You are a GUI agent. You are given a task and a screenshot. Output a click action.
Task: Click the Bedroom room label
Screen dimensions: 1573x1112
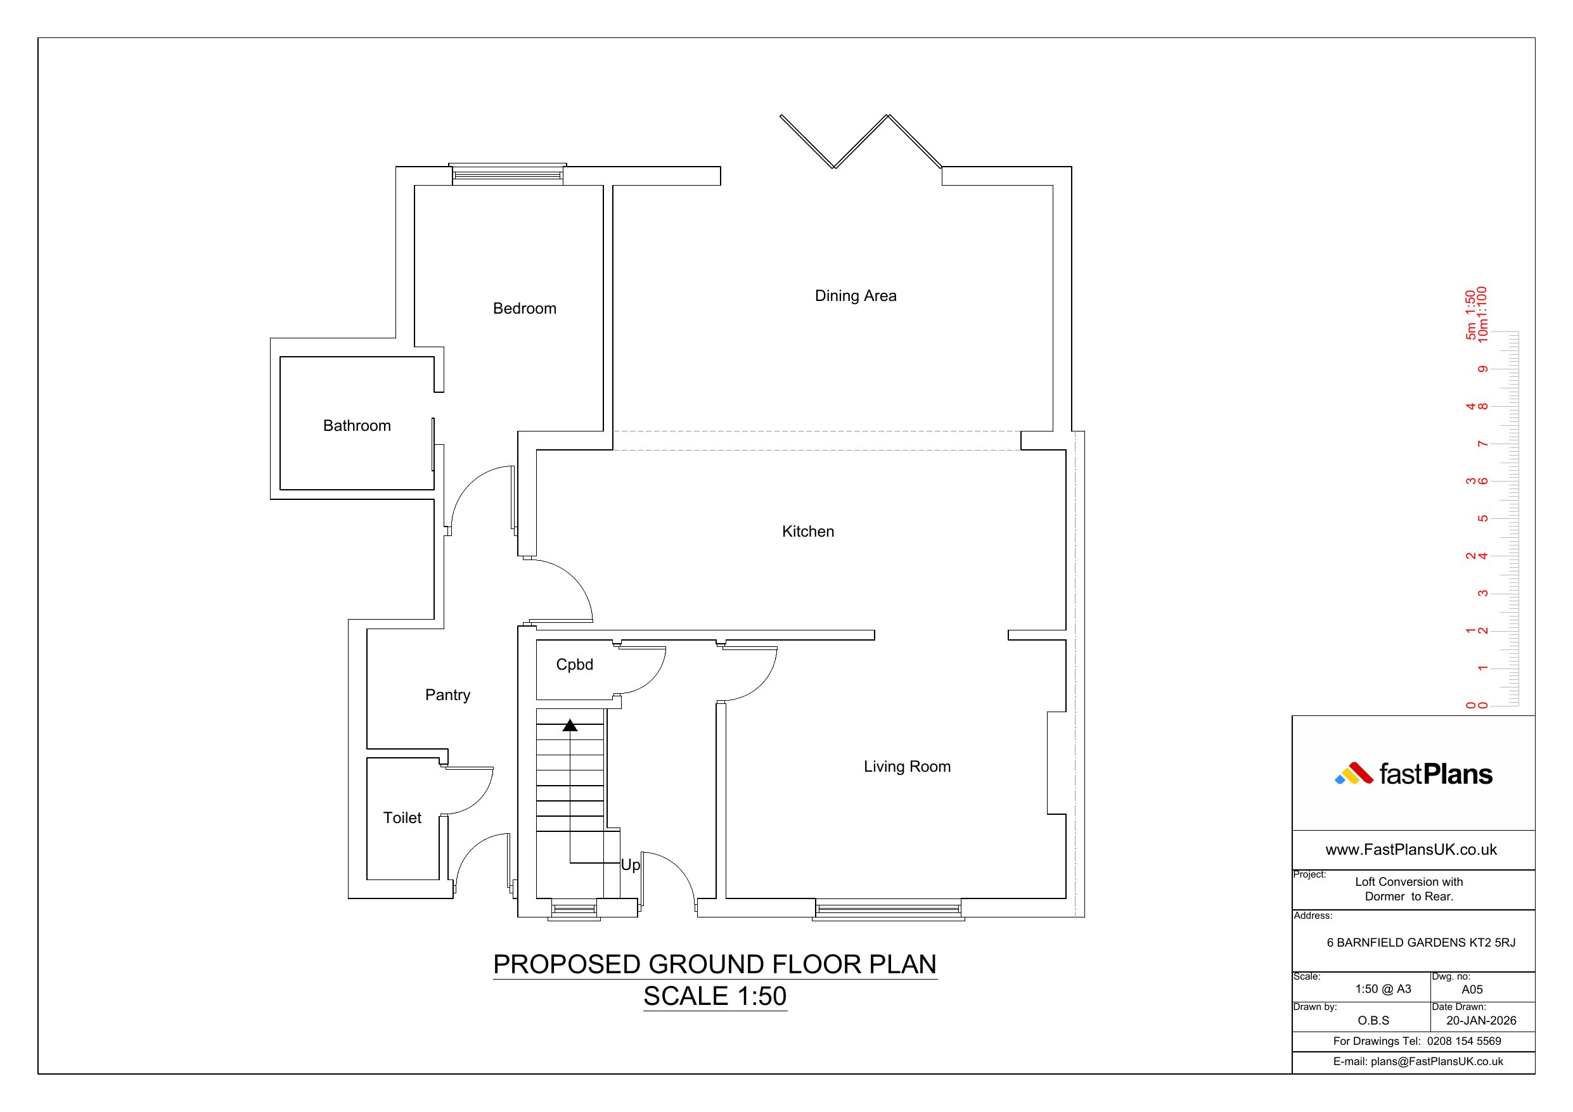coord(524,309)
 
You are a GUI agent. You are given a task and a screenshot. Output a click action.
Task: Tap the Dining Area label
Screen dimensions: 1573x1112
coord(855,295)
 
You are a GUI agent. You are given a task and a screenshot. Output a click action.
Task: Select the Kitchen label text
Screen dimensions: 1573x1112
coord(808,531)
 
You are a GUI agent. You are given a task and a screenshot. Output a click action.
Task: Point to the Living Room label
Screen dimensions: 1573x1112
coord(907,766)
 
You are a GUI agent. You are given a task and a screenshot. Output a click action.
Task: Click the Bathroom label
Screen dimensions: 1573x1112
coord(357,426)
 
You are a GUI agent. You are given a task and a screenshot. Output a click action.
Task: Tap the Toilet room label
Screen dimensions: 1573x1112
coord(402,817)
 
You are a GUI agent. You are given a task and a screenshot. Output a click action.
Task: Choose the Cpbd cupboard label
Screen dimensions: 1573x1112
coord(574,665)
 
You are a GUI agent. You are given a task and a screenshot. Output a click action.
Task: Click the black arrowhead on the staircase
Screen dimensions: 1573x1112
coord(570,725)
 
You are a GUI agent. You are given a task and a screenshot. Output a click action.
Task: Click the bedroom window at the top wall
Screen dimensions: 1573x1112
coord(508,175)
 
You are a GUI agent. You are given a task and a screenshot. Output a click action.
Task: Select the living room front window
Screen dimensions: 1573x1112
coord(889,909)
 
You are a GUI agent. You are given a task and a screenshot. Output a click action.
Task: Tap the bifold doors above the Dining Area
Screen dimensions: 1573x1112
coord(861,142)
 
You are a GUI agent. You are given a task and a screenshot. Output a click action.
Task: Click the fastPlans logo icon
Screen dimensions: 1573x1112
coord(1354,774)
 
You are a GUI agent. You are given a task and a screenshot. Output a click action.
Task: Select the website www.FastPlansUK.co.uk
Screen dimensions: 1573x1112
coord(1411,850)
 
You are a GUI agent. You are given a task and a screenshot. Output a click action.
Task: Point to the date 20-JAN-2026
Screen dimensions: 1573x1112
coord(1481,1020)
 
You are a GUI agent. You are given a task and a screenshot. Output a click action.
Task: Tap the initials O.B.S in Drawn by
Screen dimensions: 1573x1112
coord(1373,1020)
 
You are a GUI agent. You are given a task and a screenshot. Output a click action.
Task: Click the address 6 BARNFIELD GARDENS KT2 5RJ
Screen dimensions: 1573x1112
coord(1421,943)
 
